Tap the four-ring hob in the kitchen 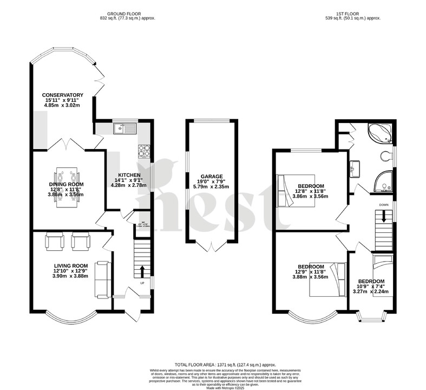pyautogui.click(x=145, y=150)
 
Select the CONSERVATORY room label pyautogui.click(x=63, y=95)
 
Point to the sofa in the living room pyautogui.click(x=102, y=279)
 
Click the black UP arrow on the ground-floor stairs pyautogui.click(x=143, y=271)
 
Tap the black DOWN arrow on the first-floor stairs pyautogui.click(x=384, y=216)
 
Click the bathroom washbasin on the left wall pyautogui.click(x=356, y=167)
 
